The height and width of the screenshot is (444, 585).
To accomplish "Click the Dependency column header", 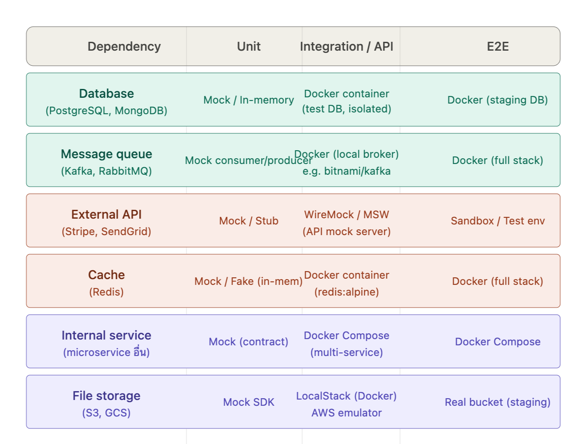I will [x=124, y=47].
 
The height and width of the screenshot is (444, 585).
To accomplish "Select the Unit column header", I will [x=249, y=47].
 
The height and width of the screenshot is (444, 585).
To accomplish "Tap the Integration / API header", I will [x=347, y=47].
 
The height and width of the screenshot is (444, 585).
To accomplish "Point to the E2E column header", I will [x=497, y=47].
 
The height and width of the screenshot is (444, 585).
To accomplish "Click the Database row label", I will [x=106, y=94].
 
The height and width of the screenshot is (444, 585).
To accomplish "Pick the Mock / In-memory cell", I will [x=249, y=100].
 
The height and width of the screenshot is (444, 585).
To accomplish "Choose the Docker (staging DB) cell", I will [x=497, y=100].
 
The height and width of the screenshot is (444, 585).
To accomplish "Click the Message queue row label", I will [x=106, y=154].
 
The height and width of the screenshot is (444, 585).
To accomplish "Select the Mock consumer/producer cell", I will [x=249, y=160].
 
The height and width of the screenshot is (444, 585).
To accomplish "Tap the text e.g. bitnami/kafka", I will [x=347, y=171].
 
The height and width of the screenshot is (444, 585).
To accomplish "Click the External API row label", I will [x=106, y=215].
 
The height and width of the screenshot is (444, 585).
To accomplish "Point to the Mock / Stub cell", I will [x=249, y=221].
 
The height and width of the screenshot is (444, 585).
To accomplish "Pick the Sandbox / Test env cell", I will [x=497, y=221].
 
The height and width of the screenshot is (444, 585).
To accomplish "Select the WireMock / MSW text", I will [x=347, y=215].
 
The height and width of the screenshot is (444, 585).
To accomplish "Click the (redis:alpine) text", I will [x=347, y=292].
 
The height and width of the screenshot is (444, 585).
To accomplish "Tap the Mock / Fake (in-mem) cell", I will [x=249, y=281].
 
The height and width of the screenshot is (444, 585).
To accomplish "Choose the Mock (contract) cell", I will [x=249, y=342].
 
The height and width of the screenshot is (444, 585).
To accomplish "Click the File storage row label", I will [x=106, y=396].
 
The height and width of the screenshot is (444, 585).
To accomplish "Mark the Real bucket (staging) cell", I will [x=497, y=402].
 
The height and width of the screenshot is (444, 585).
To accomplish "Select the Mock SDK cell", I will [x=249, y=402].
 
